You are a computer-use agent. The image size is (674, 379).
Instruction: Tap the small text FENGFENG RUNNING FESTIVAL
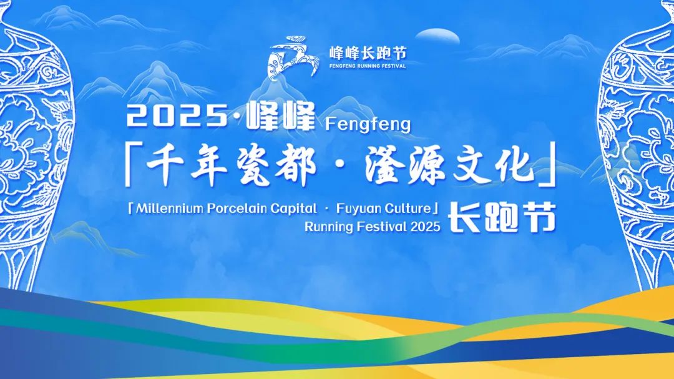[368, 66]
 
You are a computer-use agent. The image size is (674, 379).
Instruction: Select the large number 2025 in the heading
[177, 116]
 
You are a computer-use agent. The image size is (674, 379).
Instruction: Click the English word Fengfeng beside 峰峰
[368, 125]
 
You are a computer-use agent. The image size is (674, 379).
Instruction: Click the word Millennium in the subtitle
[169, 208]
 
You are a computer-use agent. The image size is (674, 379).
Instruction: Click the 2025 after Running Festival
[425, 227]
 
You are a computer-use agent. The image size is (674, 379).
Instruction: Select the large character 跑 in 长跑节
[501, 217]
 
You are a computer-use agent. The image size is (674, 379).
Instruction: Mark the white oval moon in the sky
[437, 36]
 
